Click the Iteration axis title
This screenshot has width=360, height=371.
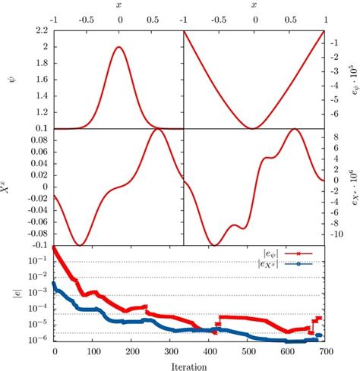coord(189,364)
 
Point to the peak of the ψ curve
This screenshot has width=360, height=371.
coord(119,47)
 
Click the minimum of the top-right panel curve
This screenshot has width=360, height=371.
coord(254,127)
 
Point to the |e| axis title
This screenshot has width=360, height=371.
coord(8,296)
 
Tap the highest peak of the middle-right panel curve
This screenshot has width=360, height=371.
coord(295,130)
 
